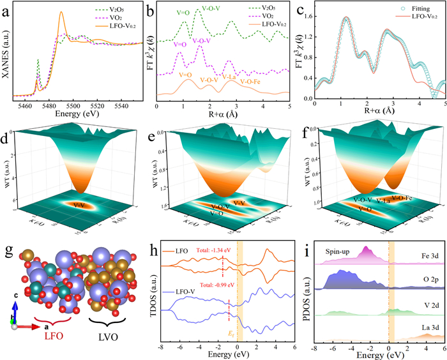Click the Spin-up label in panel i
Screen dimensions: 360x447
pos(340,251)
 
